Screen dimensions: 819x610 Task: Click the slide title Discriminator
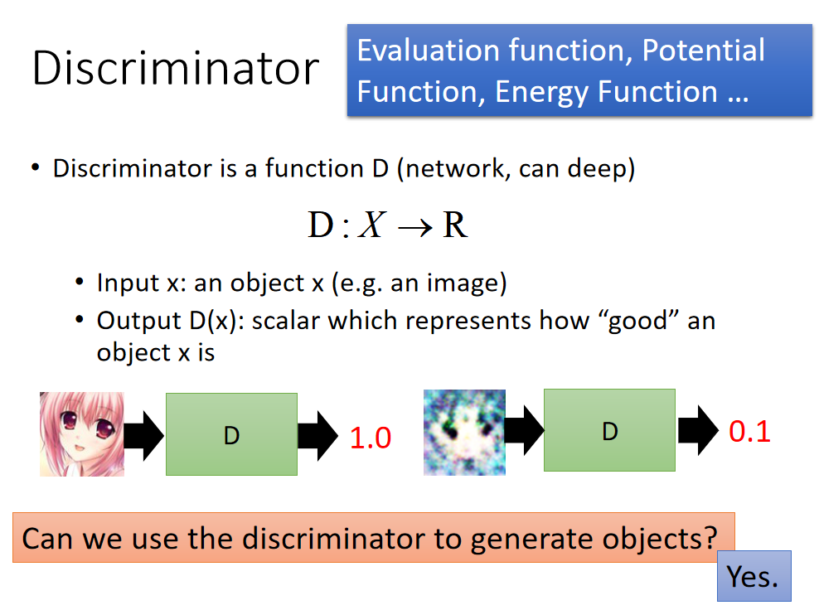click(x=176, y=68)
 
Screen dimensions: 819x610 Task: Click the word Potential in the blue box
click(x=703, y=51)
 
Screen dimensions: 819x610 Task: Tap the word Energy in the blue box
click(x=541, y=93)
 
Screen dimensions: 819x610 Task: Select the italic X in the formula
click(x=372, y=225)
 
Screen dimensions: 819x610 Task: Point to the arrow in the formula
click(x=415, y=228)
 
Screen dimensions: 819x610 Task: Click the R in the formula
click(x=454, y=225)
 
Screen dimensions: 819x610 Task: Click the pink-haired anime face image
click(x=82, y=434)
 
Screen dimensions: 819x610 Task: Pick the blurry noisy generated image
click(x=464, y=433)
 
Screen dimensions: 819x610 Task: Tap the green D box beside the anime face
click(x=231, y=434)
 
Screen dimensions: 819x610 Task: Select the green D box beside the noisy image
click(x=609, y=430)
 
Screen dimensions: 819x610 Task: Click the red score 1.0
click(x=371, y=438)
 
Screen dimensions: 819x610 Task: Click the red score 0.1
click(x=749, y=431)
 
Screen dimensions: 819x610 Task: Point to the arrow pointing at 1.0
click(x=317, y=436)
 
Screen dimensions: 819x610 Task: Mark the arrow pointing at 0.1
click(x=698, y=430)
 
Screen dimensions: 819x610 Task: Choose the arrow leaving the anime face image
click(x=144, y=436)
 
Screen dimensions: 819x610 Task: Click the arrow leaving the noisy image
click(x=525, y=430)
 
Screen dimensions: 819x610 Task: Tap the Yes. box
click(x=754, y=576)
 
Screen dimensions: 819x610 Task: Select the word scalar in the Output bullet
click(x=286, y=320)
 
